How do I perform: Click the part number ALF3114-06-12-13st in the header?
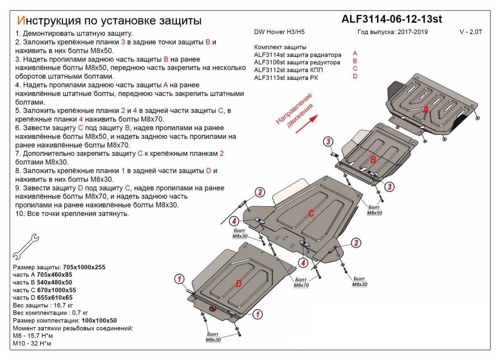(392, 19)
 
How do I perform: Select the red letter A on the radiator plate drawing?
(426, 110)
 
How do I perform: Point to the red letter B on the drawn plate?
(373, 160)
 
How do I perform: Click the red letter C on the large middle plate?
(311, 212)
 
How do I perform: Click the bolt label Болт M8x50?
(374, 210)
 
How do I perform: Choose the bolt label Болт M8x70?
(301, 283)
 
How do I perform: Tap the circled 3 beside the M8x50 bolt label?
(389, 187)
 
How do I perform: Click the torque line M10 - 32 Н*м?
(32, 344)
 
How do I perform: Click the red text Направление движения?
(294, 115)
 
